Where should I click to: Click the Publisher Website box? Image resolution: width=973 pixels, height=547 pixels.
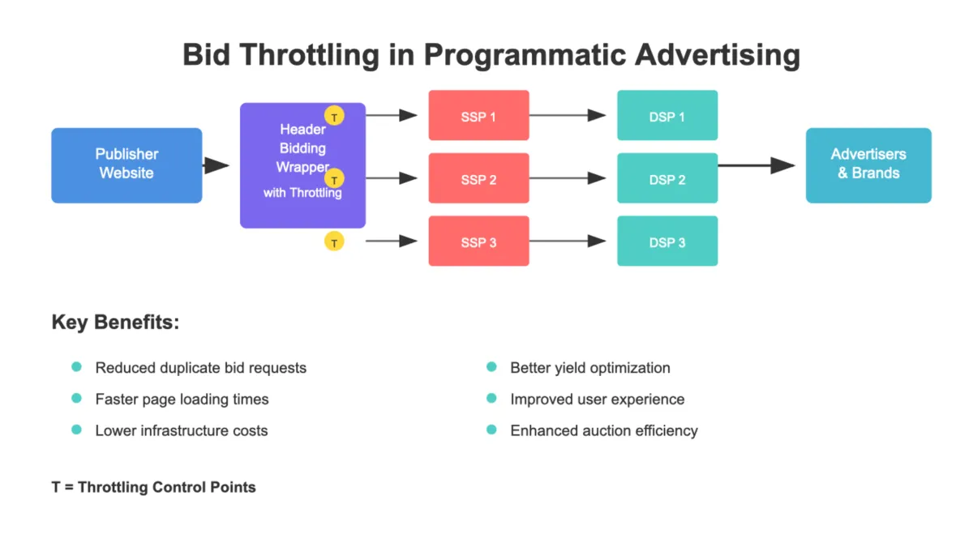click(x=126, y=165)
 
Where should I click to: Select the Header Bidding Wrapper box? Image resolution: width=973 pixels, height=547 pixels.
click(x=302, y=165)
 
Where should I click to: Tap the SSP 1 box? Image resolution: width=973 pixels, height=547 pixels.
click(x=478, y=116)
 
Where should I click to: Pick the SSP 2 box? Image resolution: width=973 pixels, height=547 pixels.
click(x=478, y=178)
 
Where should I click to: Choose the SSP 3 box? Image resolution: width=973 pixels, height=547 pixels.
click(x=478, y=241)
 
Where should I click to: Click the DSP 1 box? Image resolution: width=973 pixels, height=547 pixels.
click(x=667, y=116)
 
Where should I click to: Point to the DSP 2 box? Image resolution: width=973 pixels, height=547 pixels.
click(x=667, y=178)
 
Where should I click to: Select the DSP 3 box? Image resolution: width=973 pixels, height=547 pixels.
click(x=667, y=241)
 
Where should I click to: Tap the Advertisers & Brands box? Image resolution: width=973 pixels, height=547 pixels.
click(x=868, y=165)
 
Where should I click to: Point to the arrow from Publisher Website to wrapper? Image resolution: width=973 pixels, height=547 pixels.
click(x=216, y=165)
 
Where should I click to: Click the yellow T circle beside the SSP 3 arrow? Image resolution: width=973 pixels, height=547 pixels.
click(x=334, y=241)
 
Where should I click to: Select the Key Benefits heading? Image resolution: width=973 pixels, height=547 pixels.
click(x=115, y=322)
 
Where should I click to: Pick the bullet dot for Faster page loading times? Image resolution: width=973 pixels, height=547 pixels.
click(x=77, y=399)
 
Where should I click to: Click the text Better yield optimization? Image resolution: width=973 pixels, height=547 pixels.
click(x=589, y=368)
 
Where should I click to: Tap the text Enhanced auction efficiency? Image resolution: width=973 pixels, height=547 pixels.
click(x=603, y=430)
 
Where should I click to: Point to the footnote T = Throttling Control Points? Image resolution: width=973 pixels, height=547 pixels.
click(x=153, y=487)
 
